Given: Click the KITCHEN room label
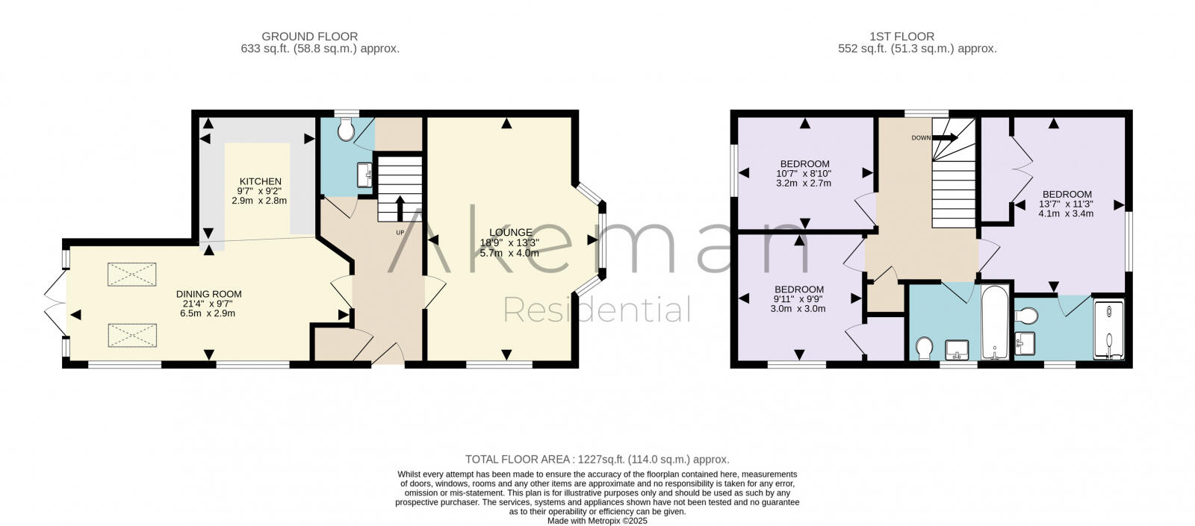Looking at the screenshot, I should tap(260, 181).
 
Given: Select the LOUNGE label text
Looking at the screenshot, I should tap(511, 233).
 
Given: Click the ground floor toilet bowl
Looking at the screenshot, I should tap(346, 131).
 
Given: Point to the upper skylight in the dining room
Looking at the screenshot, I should tap(132, 275).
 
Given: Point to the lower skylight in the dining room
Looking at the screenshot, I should tap(132, 335).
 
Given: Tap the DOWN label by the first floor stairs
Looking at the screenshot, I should tap(920, 138).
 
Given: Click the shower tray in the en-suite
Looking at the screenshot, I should tap(1109, 330).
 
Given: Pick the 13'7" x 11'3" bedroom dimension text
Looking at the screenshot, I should tap(1066, 204).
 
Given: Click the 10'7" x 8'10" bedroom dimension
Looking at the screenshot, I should tap(804, 173).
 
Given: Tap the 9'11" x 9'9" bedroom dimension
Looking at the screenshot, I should tap(799, 299).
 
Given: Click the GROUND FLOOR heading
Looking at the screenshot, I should tap(309, 36).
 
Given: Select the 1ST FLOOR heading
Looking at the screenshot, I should tap(901, 36).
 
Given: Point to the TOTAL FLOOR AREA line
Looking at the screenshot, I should tap(597, 460).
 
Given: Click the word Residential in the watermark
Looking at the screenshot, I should tap(597, 309).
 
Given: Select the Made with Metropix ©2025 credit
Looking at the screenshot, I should tap(597, 521).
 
